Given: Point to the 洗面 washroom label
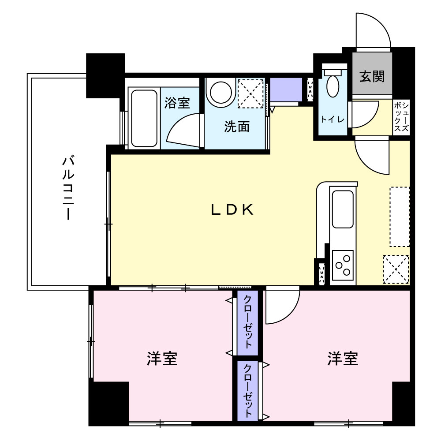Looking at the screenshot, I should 237,127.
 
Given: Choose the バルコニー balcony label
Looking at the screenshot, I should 67,187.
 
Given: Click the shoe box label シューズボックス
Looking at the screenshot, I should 401,117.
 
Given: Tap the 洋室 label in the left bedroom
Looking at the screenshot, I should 162,359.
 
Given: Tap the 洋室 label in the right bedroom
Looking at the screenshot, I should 343,359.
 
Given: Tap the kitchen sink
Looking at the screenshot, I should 343,209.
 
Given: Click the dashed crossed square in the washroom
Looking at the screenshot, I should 250,93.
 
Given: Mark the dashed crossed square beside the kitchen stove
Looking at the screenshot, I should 396,269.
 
